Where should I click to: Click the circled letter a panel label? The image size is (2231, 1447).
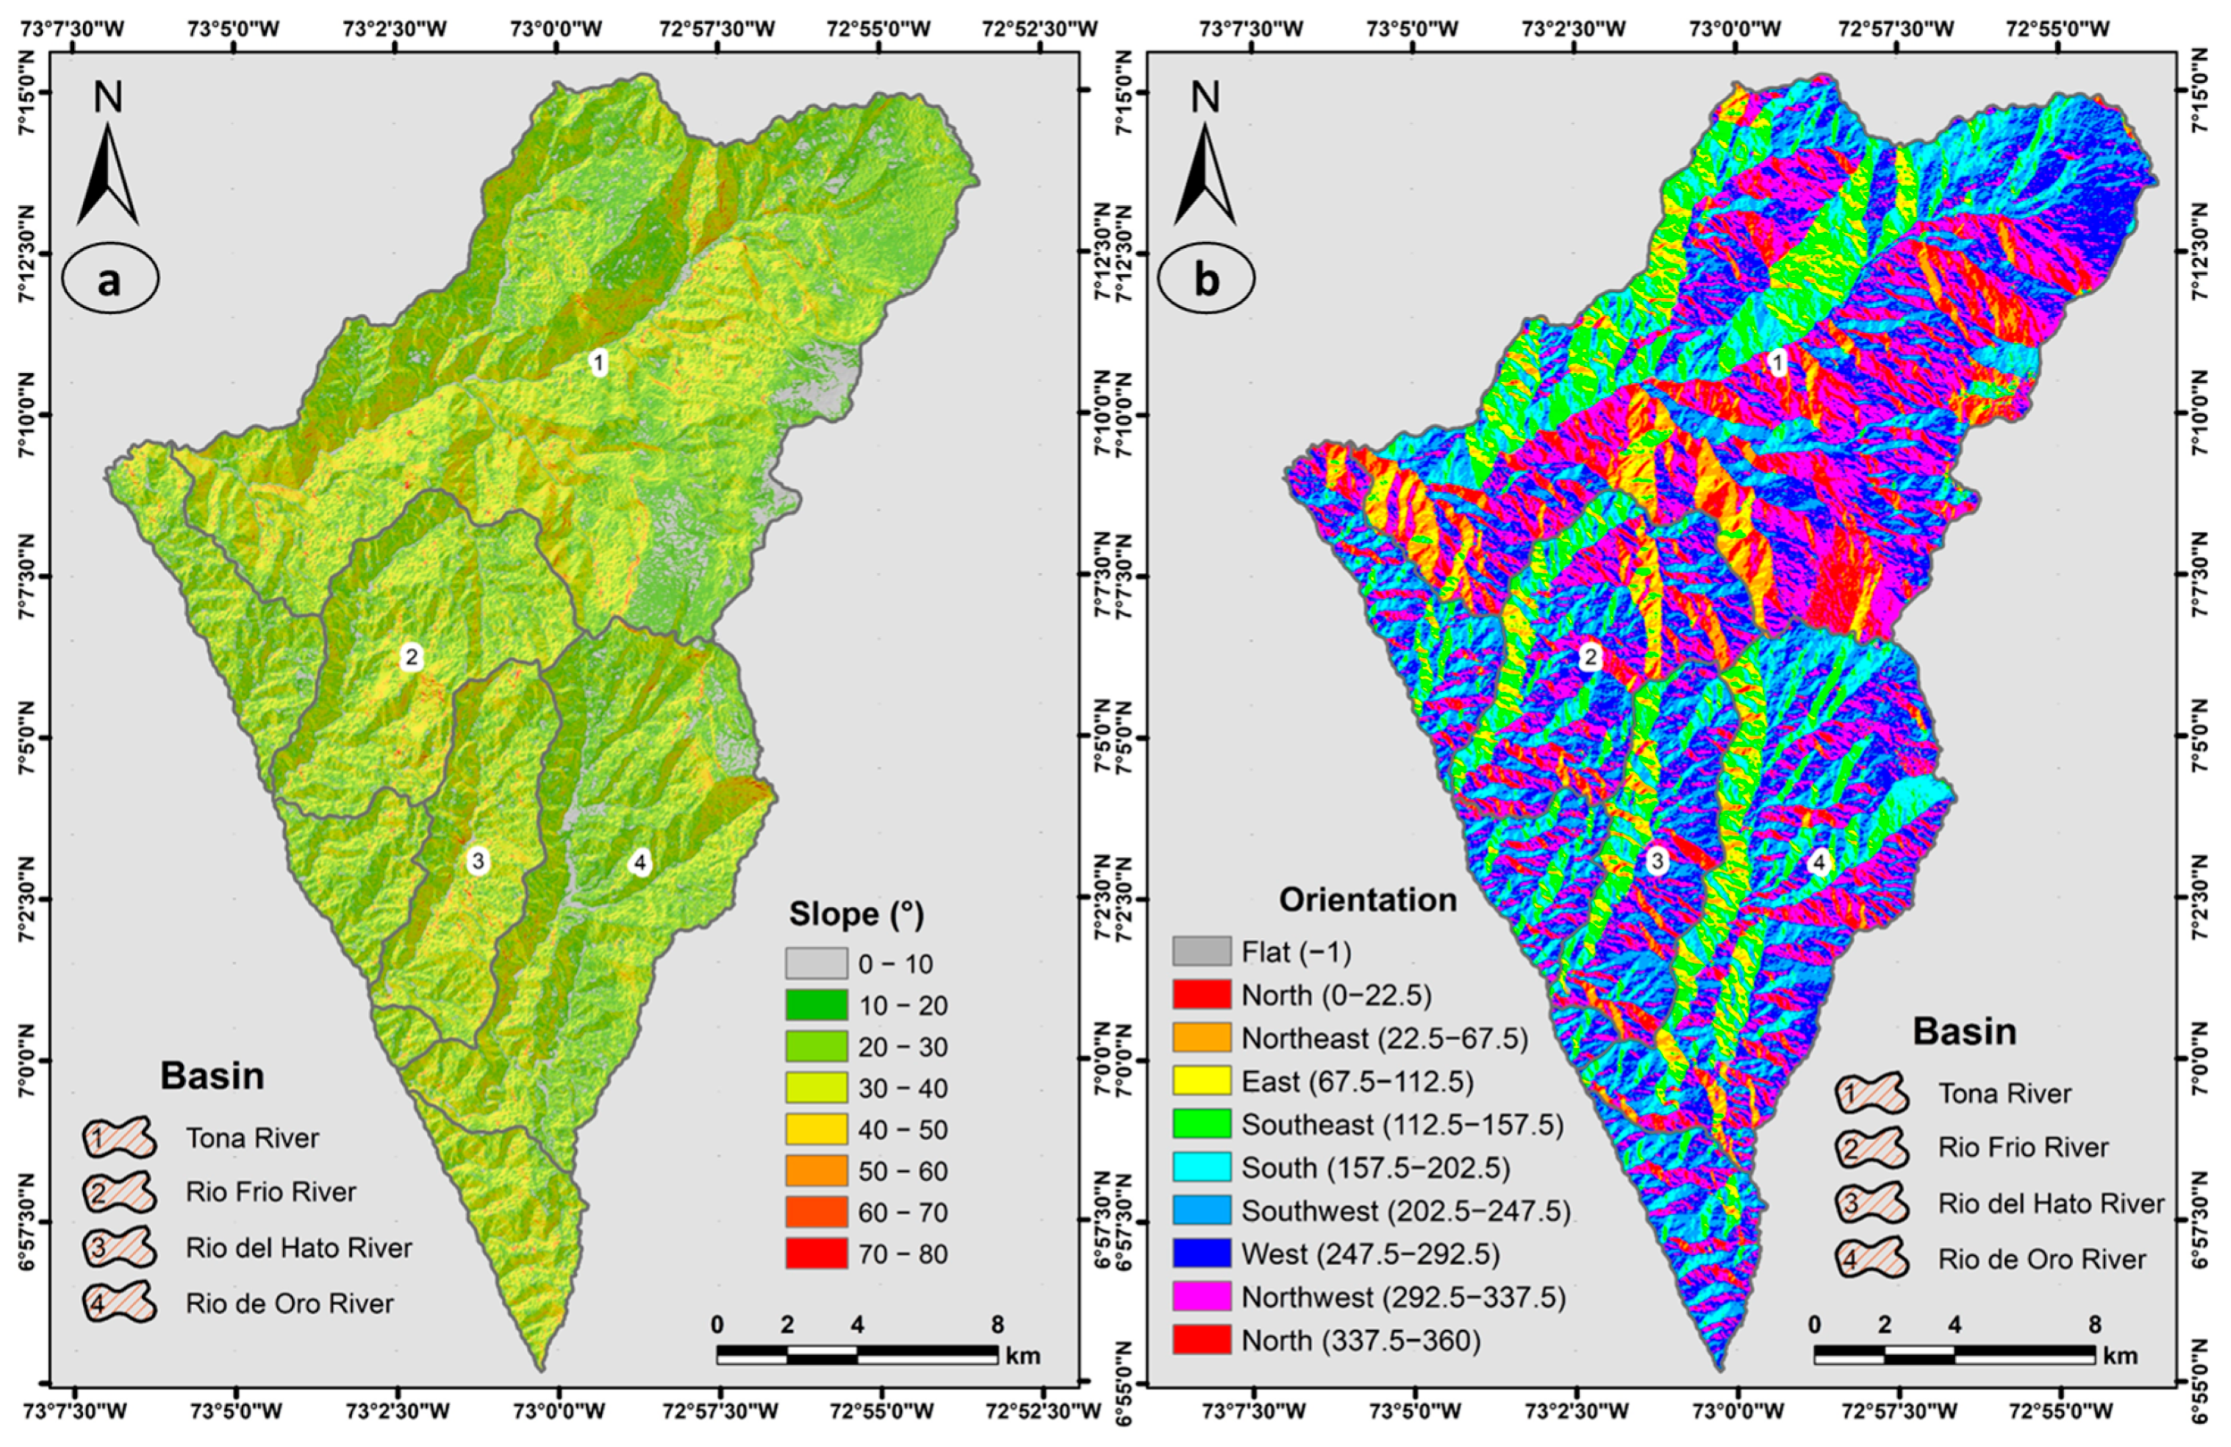[111, 280]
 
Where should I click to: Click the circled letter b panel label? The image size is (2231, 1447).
[1207, 280]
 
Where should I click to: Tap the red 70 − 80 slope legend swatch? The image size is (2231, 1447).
[816, 1254]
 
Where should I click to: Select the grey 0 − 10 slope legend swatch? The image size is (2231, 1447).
[816, 963]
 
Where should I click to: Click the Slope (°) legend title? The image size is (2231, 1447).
[856, 914]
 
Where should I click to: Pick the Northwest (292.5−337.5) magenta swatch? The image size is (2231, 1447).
[1202, 1297]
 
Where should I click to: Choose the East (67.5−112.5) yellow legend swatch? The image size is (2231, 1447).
[1202, 1082]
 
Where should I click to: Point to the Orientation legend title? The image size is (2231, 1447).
[1367, 900]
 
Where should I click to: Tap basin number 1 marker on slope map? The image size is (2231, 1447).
[599, 362]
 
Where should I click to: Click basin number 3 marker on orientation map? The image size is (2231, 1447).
[1658, 861]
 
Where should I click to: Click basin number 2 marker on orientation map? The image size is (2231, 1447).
[1590, 657]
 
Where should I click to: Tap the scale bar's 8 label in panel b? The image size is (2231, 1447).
[2094, 1326]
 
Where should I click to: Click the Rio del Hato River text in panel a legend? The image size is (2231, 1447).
[299, 1248]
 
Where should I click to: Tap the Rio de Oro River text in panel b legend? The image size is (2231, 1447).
[2042, 1259]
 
